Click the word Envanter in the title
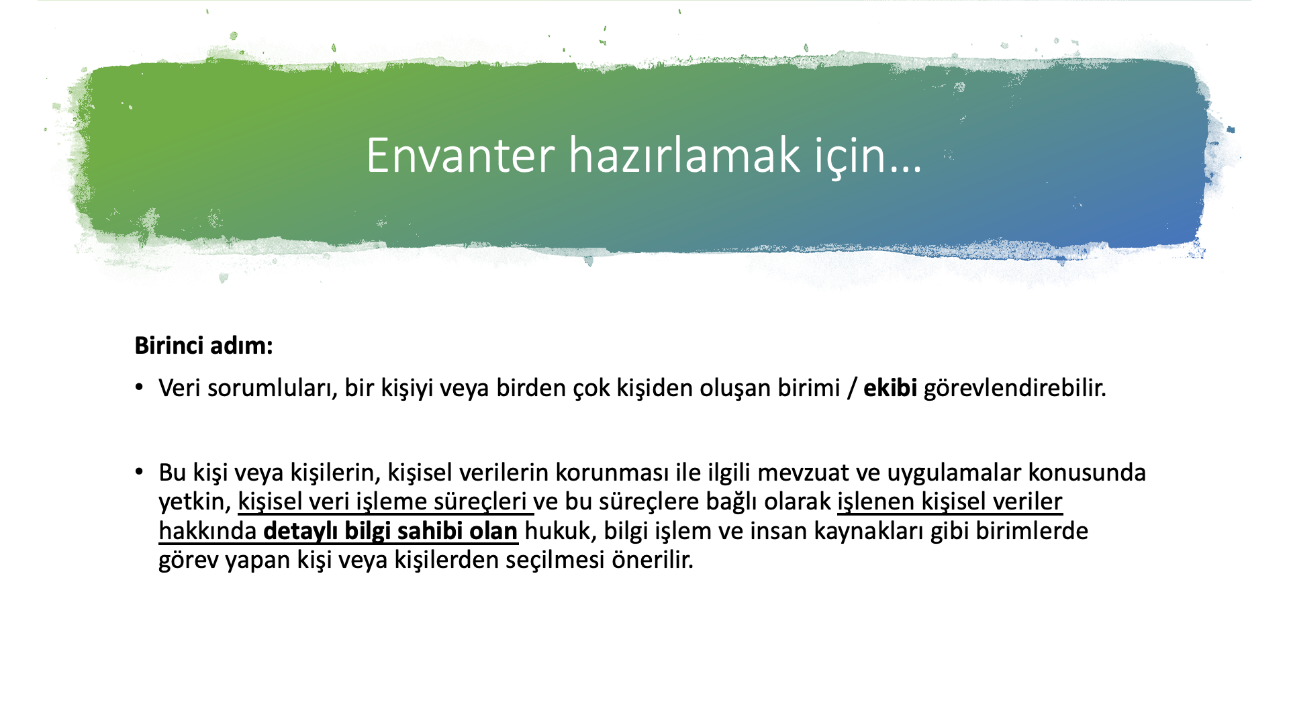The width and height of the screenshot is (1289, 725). coord(461,156)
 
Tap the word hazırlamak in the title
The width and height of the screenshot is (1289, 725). coord(685,154)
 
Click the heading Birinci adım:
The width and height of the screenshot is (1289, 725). coord(203,346)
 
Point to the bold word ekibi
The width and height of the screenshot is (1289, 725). coord(890,388)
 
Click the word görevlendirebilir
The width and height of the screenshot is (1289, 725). coord(1014,389)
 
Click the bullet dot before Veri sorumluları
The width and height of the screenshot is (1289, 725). coord(139,387)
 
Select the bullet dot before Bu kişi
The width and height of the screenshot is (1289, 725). coord(139,471)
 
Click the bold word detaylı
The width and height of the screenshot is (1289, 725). coord(301,532)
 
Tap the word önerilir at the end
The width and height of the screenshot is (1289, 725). coord(652,560)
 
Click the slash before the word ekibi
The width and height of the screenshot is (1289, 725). coord(852,389)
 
